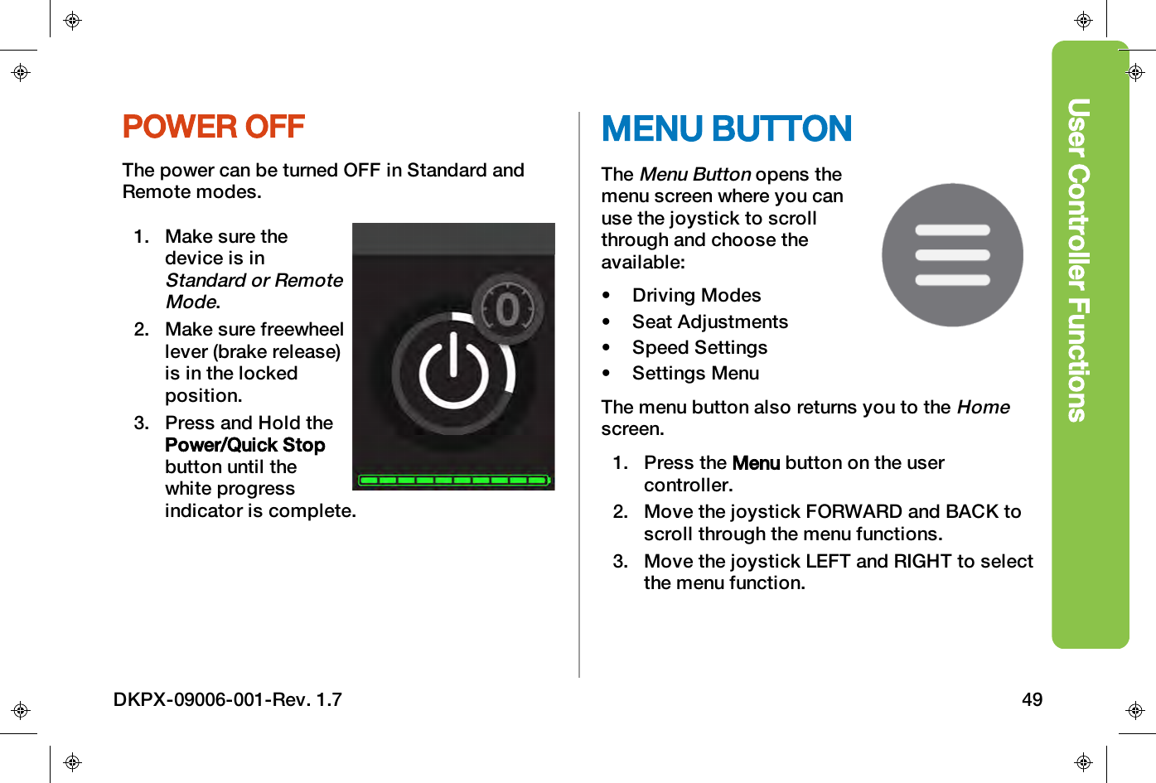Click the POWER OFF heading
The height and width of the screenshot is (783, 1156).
click(214, 127)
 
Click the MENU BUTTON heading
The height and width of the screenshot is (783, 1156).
click(726, 129)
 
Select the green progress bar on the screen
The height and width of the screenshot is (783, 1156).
click(453, 480)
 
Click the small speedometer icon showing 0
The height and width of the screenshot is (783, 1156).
click(507, 309)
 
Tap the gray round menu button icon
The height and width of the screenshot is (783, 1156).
click(952, 255)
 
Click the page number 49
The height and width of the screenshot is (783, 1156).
click(1032, 699)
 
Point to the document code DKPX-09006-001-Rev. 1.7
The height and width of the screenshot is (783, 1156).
click(228, 699)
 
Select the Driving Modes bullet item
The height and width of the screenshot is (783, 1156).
click(696, 296)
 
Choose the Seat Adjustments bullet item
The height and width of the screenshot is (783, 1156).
click(709, 321)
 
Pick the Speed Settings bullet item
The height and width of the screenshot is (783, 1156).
click(699, 347)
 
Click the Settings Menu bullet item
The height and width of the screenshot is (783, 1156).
click(695, 373)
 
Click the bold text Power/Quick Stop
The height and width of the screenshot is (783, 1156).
click(245, 445)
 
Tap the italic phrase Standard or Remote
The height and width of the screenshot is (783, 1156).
click(254, 280)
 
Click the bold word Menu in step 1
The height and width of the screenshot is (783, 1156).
click(756, 463)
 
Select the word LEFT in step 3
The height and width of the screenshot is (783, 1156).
click(828, 561)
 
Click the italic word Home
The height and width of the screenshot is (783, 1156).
click(983, 407)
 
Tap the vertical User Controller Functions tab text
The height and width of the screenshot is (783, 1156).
click(1077, 259)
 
